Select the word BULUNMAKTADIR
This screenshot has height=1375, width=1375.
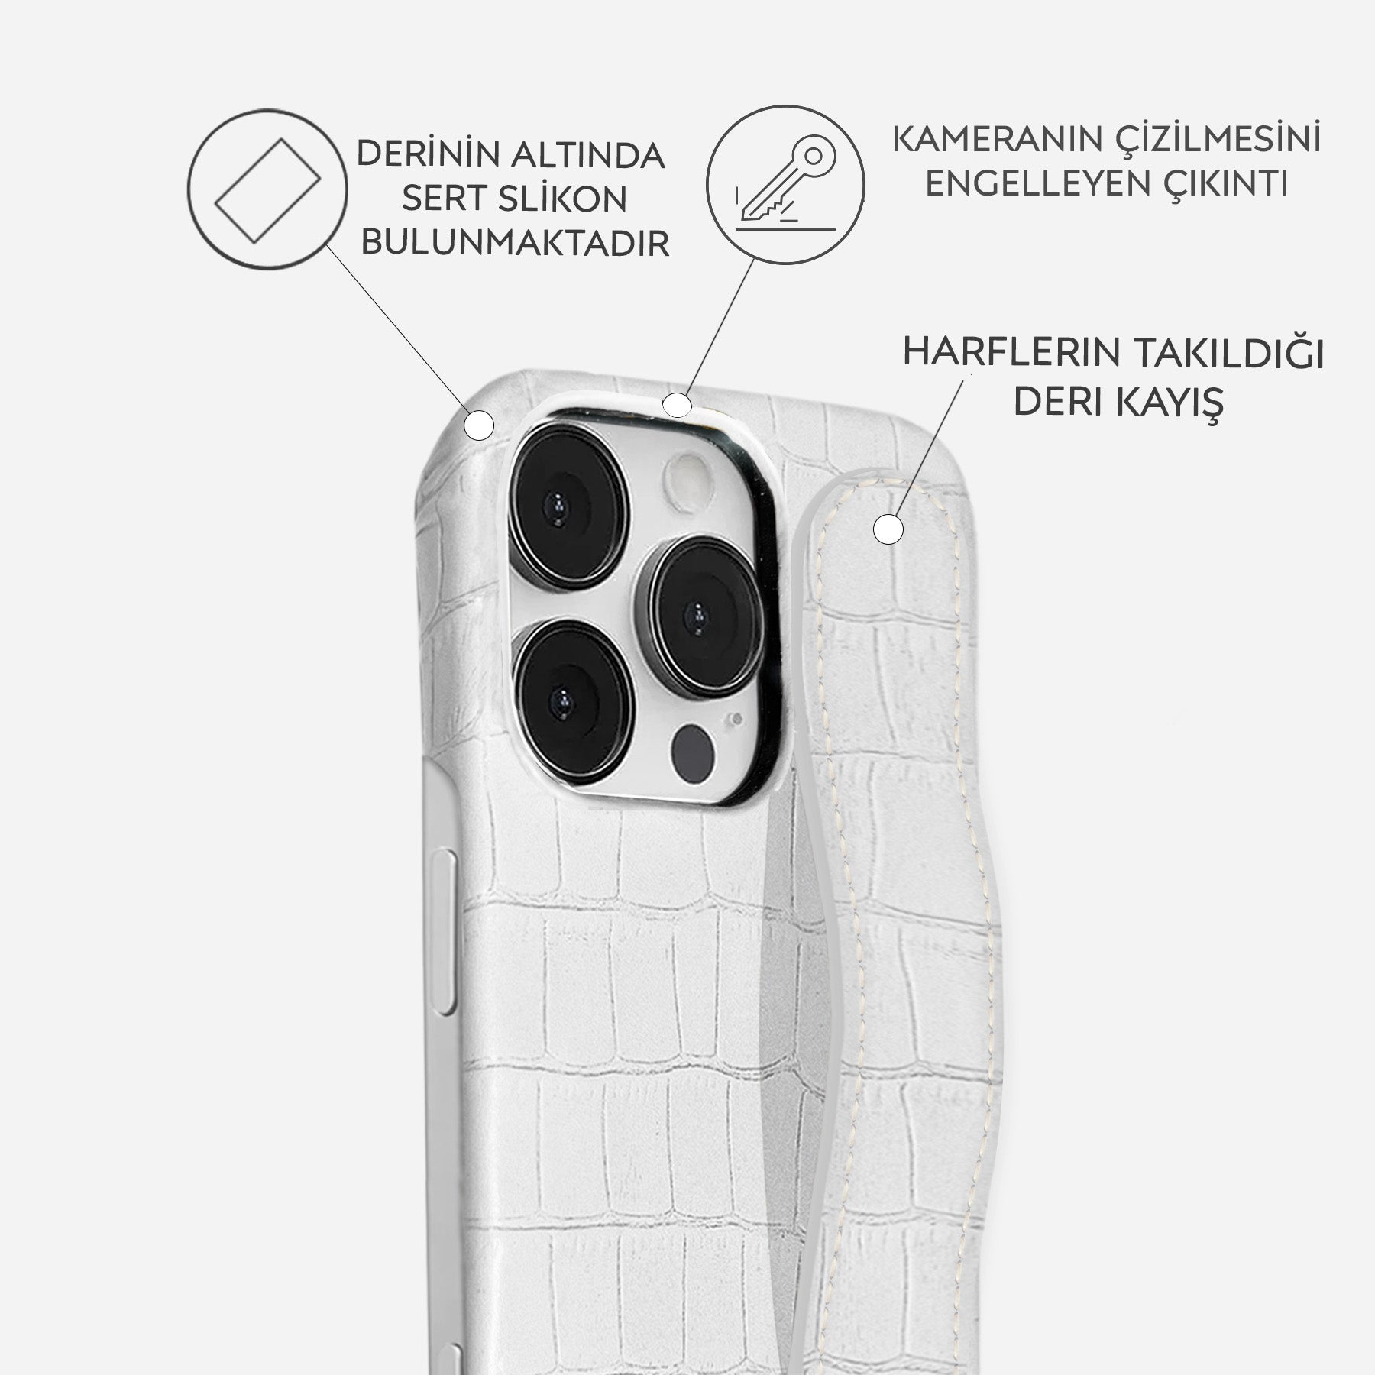point(515,244)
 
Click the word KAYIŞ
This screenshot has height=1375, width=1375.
point(1173,401)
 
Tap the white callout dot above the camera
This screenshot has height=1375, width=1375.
point(676,405)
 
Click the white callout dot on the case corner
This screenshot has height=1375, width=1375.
point(480,425)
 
